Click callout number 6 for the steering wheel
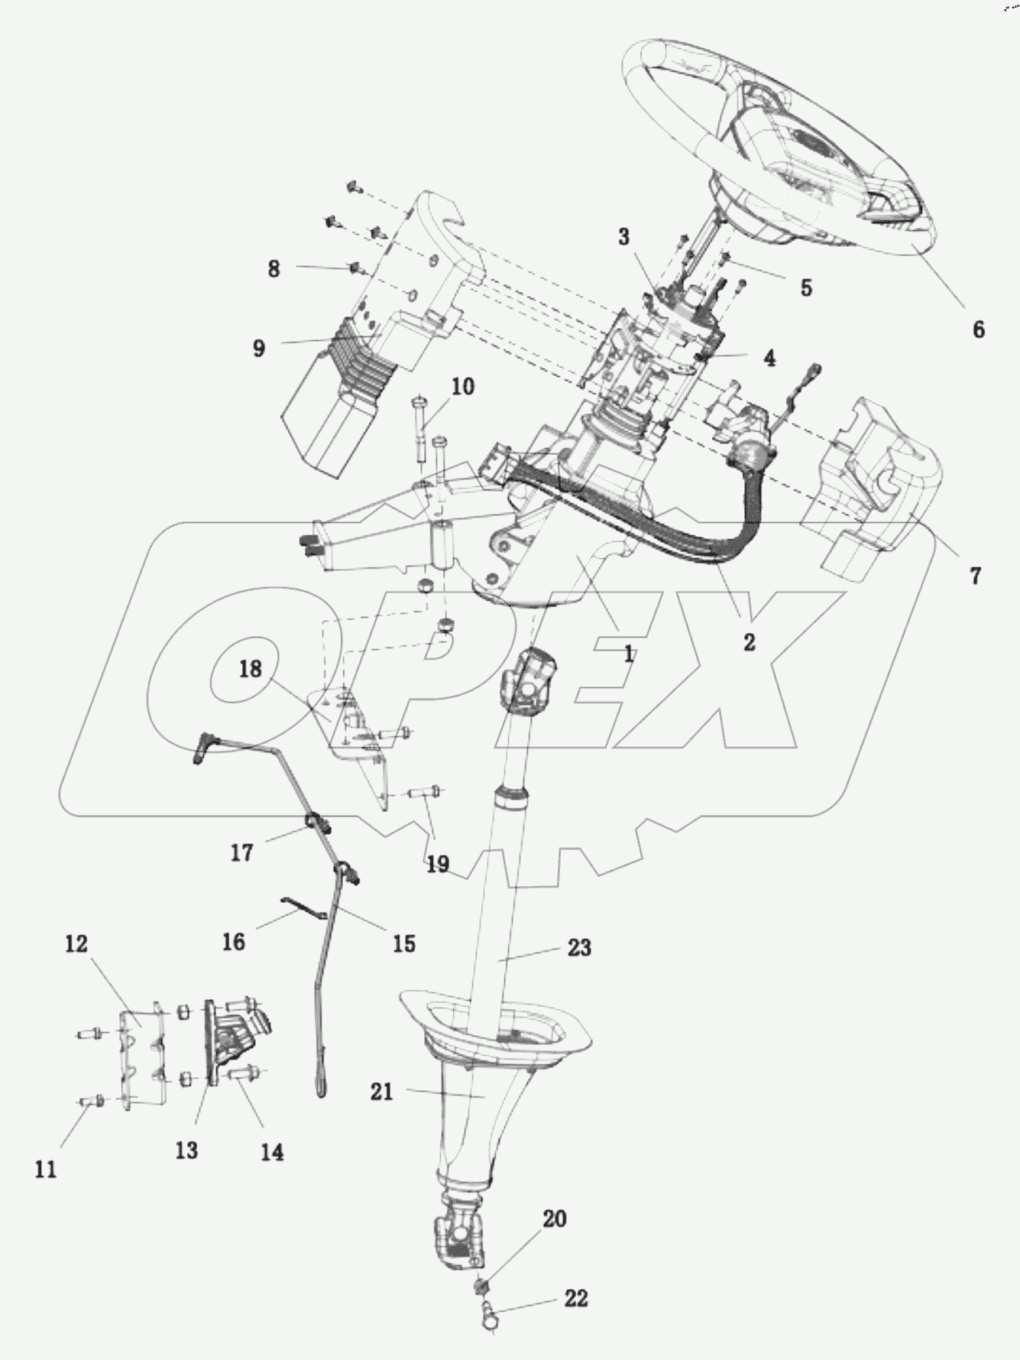978,330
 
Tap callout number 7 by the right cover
975,576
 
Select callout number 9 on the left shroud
258,349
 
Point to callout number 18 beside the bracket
250,669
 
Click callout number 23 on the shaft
579,948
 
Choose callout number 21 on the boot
381,1092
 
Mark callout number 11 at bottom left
46,1169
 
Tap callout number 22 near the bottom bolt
576,1298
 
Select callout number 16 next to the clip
234,941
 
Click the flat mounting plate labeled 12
141,1051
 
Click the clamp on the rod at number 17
317,824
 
